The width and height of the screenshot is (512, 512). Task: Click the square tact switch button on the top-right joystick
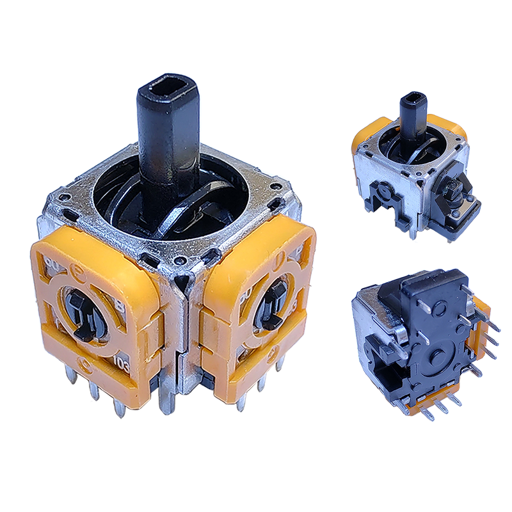point(451,188)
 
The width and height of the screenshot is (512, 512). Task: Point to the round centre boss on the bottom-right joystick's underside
point(440,358)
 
